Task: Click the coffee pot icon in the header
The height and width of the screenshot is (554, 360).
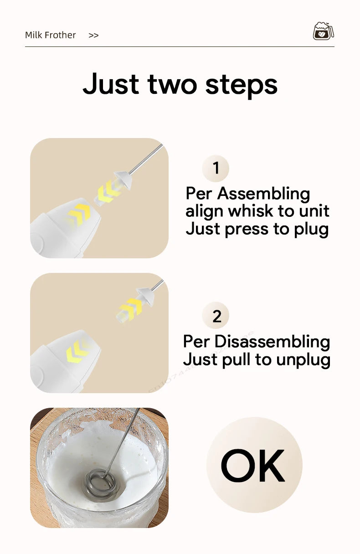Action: point(323,31)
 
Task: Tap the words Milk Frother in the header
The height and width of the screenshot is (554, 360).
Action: point(51,35)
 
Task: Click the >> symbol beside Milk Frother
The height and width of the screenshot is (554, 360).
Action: point(93,35)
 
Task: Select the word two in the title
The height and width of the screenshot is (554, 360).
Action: point(173,84)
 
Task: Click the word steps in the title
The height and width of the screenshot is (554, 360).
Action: point(241,85)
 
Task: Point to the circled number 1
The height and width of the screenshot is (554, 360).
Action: point(216,168)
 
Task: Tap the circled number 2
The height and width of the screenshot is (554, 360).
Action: point(216,316)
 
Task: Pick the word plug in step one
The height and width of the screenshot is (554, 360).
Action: point(311,229)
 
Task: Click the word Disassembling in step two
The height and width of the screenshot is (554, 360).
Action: point(272,341)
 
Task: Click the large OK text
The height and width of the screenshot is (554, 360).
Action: point(253,465)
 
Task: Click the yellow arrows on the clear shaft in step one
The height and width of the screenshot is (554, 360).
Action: point(108,190)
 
